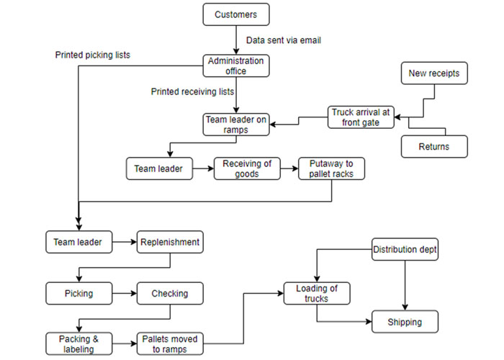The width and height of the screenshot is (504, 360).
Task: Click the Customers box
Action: [236, 14]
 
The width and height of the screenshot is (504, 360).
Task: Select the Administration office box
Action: [236, 66]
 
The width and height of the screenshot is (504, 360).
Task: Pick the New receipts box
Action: [434, 73]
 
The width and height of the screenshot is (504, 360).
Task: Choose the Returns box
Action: [434, 147]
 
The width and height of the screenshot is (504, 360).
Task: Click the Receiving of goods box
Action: [247, 169]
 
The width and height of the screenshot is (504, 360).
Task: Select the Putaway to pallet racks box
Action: [331, 169]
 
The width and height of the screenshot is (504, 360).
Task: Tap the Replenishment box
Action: [170, 242]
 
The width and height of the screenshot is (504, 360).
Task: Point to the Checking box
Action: [170, 294]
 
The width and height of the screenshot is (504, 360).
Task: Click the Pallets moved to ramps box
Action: [170, 343]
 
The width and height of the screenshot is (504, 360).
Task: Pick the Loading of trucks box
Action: [317, 294]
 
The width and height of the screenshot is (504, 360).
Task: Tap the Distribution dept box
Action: [405, 251]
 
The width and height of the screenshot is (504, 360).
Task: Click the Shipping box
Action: [405, 322]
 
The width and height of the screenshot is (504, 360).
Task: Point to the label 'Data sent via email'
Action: [283, 40]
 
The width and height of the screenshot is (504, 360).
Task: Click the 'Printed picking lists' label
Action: [91, 54]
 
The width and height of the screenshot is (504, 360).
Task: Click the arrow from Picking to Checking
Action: [123, 294]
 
